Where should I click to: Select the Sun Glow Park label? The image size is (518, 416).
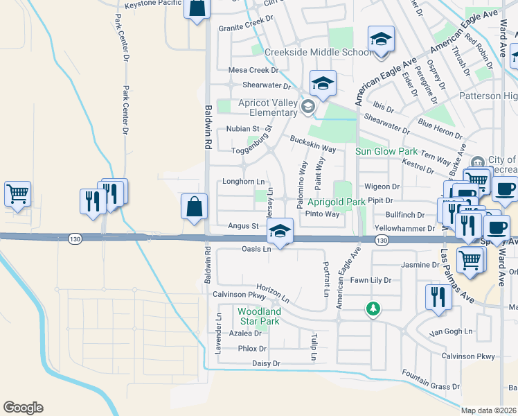pyautogui.click(x=386, y=151)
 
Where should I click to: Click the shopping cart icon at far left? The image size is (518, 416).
pyautogui.click(x=17, y=193)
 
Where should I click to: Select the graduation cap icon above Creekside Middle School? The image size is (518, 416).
pyautogui.click(x=380, y=39)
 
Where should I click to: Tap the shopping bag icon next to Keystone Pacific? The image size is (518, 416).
pyautogui.click(x=197, y=8)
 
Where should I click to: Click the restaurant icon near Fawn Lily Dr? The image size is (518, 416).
pyautogui.click(x=438, y=296)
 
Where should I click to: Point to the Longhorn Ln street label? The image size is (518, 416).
pyautogui.click(x=243, y=182)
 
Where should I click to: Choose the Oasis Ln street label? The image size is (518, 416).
pyautogui.click(x=256, y=249)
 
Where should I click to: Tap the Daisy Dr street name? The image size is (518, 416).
pyautogui.click(x=266, y=363)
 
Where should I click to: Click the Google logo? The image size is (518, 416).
pyautogui.click(x=23, y=408)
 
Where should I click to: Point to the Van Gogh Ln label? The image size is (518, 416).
pyautogui.click(x=451, y=332)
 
